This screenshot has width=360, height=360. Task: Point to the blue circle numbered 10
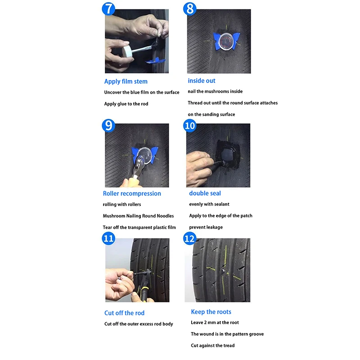pyautogui.click(x=190, y=126)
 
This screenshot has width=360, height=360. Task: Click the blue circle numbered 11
pyautogui.click(x=108, y=238)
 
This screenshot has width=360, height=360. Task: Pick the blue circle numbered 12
pyautogui.click(x=189, y=238)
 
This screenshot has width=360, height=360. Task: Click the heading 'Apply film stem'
pyautogui.click(x=126, y=81)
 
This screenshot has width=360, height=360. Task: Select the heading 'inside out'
pyautogui.click(x=202, y=81)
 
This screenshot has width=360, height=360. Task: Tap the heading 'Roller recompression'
pyautogui.click(x=132, y=193)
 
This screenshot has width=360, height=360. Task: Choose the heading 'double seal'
pyautogui.click(x=205, y=193)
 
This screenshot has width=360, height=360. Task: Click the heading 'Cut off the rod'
pyautogui.click(x=124, y=313)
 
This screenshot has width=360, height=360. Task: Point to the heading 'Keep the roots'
pyautogui.click(x=211, y=312)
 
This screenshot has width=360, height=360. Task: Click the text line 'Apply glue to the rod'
pyautogui.click(x=126, y=104)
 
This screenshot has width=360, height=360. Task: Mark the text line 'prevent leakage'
pyautogui.click(x=206, y=227)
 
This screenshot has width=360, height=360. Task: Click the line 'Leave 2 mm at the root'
pyautogui.click(x=215, y=323)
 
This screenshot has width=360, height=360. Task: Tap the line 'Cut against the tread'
pyautogui.click(x=212, y=346)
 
